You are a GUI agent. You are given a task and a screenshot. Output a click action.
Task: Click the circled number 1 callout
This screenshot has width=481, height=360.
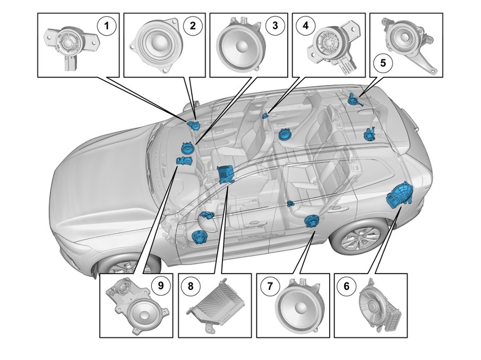[x=108, y=25]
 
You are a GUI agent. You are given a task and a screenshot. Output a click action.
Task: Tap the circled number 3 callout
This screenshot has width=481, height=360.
[x=273, y=25]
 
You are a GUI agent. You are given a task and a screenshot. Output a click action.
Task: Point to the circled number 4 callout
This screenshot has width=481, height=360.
[x=305, y=25]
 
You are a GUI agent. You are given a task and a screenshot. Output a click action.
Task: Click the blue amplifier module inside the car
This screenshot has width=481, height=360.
[x=226, y=174]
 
